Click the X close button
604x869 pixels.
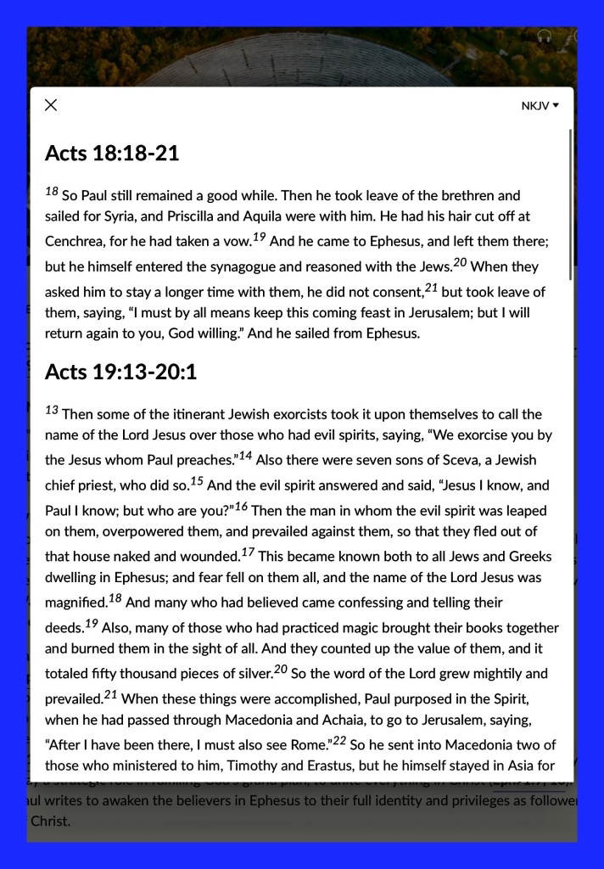(x=51, y=104)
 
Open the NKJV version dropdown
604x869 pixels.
(x=540, y=106)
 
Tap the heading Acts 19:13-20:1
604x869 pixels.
(x=120, y=372)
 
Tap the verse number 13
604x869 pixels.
(x=52, y=411)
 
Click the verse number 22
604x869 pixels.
(x=338, y=741)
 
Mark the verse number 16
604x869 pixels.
(x=241, y=507)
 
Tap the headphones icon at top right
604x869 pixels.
(x=545, y=36)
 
